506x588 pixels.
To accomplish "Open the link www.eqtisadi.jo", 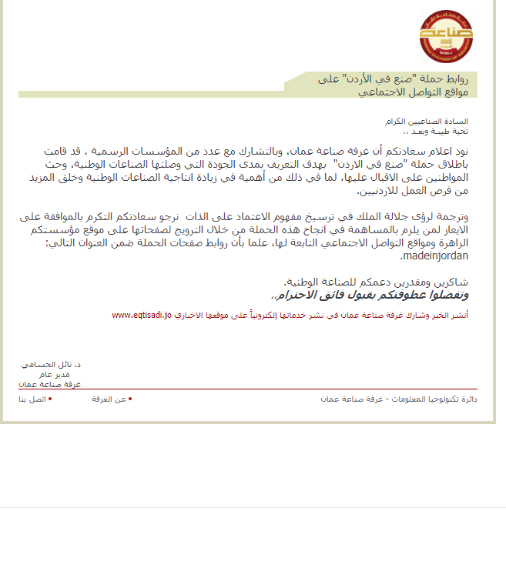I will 142,316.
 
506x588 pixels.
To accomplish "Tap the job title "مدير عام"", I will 65,373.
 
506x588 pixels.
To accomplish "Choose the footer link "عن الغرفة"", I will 109,399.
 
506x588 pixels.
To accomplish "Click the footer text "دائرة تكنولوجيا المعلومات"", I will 432,399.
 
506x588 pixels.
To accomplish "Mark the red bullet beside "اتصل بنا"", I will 50,399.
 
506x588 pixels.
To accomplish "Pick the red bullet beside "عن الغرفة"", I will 130,399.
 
